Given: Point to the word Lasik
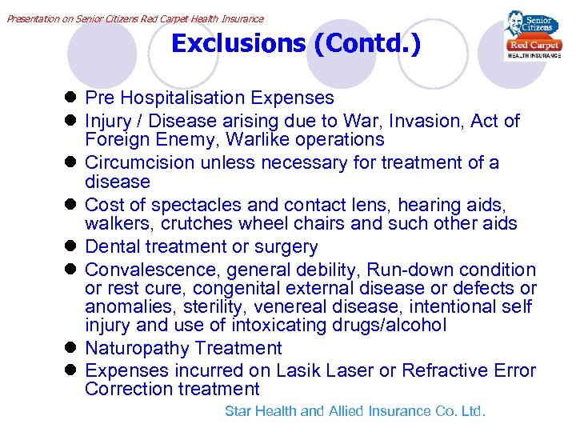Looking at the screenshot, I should tap(299, 370).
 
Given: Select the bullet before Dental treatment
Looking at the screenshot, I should tap(70, 247).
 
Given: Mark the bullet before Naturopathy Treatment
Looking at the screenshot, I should tap(70, 348).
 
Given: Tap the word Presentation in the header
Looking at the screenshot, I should tap(32, 18).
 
